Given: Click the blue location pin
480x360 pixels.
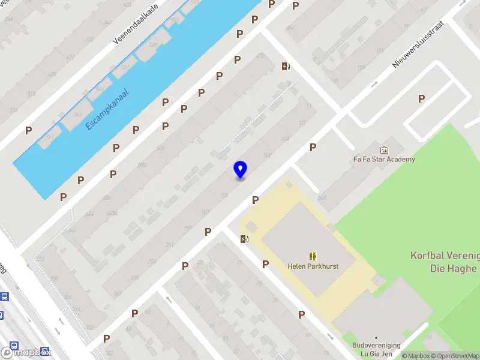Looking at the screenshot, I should [240, 169].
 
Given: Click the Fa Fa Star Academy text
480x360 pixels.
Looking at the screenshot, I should [384, 160].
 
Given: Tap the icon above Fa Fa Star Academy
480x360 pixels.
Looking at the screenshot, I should [384, 149].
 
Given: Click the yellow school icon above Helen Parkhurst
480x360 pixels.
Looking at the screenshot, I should [312, 256].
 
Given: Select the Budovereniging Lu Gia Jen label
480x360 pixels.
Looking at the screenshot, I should [376, 350].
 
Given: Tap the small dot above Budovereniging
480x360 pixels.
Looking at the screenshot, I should [376, 338].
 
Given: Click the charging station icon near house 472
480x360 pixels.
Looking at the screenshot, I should [286, 66].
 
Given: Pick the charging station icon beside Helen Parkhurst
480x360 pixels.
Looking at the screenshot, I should [244, 239].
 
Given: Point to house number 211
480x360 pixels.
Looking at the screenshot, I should [170, 244].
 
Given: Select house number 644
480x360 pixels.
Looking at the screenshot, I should [89, 214].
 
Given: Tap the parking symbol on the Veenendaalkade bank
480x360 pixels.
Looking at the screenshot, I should [28, 130].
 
